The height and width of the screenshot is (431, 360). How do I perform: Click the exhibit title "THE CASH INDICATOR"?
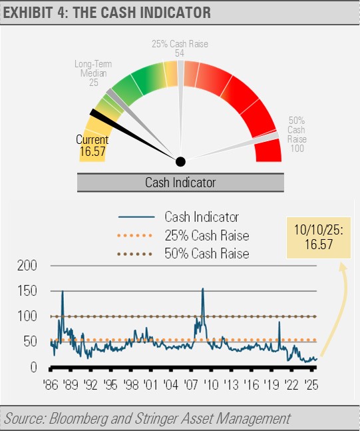142,13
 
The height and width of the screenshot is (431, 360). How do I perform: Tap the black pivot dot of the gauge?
180,162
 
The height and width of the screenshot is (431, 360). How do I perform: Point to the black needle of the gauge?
134,135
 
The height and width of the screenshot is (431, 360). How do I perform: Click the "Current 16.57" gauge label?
92,145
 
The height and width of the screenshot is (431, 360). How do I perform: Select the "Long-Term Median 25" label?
93,73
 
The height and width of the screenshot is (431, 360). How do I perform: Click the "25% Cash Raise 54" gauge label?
180,49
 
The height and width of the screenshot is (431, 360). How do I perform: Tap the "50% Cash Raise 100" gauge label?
297,135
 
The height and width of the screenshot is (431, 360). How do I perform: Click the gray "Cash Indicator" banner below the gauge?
180,183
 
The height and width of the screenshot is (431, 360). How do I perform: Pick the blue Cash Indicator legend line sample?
136,217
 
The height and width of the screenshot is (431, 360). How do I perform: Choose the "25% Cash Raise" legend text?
207,236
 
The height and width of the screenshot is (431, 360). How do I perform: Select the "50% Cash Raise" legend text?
207,253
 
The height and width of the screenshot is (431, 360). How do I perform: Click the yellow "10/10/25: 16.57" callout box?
319,238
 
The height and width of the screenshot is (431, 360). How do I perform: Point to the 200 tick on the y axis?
27,266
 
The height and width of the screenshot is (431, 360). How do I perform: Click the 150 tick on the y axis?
27,291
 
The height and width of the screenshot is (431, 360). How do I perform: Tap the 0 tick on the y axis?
33,367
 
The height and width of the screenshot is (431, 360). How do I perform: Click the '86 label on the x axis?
51,385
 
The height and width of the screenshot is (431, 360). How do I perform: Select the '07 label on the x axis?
191,385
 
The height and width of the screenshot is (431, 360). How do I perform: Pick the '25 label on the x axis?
311,385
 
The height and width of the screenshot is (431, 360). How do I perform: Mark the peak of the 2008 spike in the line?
203,288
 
